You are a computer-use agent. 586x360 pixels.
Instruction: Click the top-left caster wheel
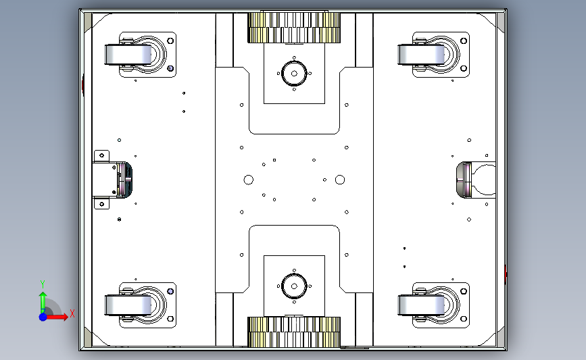pos(128,55)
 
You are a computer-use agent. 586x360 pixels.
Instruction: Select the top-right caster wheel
pos(421,55)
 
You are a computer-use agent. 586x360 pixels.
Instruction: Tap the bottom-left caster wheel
pos(128,305)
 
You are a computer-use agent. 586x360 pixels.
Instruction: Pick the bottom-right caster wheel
pos(421,305)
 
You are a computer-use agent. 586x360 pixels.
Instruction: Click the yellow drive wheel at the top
pos(294,28)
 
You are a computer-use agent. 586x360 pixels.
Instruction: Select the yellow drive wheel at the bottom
pos(294,332)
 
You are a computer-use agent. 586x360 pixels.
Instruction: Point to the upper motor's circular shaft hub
pos(294,74)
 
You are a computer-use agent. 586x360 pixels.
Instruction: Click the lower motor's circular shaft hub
pos(294,286)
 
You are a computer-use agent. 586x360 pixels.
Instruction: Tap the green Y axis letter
pos(43,284)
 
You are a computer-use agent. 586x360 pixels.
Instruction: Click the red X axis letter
pos(72,313)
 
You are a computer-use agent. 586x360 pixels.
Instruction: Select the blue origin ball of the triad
pos(43,317)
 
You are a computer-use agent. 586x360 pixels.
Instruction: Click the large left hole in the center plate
pos(249,180)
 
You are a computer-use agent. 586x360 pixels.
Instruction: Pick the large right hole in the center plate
pos(340,180)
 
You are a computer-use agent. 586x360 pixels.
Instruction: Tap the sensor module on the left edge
pos(112,180)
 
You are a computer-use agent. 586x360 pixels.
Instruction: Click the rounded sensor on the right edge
pos(476,180)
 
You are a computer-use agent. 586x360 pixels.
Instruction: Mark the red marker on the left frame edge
pos(83,85)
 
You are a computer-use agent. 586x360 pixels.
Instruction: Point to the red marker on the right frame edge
pos(506,274)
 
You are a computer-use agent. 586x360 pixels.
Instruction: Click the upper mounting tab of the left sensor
pos(101,156)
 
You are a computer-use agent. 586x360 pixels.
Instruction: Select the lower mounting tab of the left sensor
pos(101,204)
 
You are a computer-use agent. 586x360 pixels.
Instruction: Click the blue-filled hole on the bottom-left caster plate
pos(170,291)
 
